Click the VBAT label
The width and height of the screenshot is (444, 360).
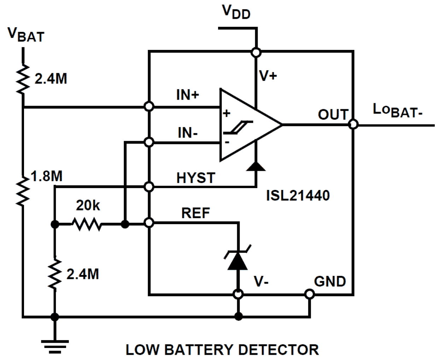pyautogui.click(x=26, y=34)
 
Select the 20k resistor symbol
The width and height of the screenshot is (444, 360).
pyautogui.click(x=87, y=224)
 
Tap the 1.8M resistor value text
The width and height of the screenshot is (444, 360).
pyautogui.click(x=46, y=176)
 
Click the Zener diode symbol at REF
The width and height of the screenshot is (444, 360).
pyautogui.click(x=237, y=260)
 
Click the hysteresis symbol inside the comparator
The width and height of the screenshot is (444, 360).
pyautogui.click(x=239, y=128)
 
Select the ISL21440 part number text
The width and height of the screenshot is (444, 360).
pyautogui.click(x=298, y=195)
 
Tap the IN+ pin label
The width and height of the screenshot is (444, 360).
pyautogui.click(x=187, y=94)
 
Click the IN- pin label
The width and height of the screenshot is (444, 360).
pyautogui.click(x=187, y=133)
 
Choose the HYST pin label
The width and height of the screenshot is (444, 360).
pyautogui.click(x=195, y=178)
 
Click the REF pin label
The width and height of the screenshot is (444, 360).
pyautogui.click(x=195, y=213)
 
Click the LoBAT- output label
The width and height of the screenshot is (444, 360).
pyautogui.click(x=397, y=110)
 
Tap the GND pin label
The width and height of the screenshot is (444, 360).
pyautogui.click(x=329, y=281)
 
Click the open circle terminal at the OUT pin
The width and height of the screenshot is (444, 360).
pyautogui.click(x=353, y=124)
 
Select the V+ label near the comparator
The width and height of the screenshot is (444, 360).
pyautogui.click(x=268, y=75)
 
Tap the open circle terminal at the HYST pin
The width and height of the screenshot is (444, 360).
pyautogui.click(x=149, y=186)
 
